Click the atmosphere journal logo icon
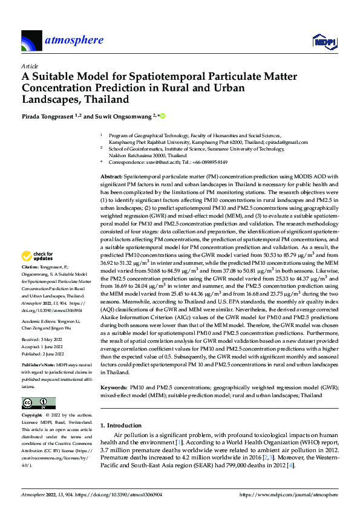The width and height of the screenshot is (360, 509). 31,41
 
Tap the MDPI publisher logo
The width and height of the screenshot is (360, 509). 324,41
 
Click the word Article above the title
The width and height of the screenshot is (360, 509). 30,66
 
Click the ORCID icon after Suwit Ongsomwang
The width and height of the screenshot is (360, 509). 162,115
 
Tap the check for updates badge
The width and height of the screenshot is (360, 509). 38,273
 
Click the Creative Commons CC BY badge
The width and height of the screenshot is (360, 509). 38,403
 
